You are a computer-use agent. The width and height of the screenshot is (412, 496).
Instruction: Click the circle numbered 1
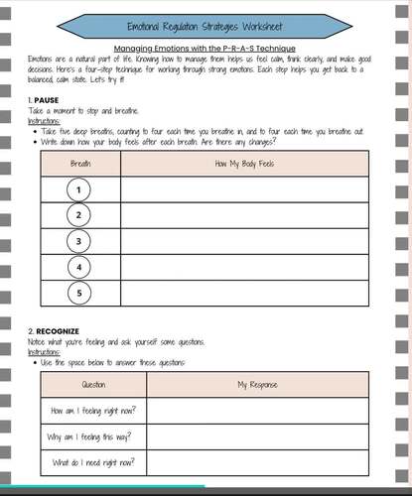pyautogui.click(x=80, y=189)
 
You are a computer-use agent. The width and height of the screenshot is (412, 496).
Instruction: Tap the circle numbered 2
pyautogui.click(x=80, y=215)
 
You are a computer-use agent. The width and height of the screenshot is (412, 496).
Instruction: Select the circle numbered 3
pyautogui.click(x=80, y=241)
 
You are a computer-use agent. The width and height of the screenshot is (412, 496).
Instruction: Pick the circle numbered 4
pyautogui.click(x=80, y=267)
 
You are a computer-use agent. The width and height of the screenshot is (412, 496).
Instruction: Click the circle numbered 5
pyautogui.click(x=80, y=293)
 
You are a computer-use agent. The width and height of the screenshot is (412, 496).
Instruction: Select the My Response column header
pyautogui.click(x=257, y=384)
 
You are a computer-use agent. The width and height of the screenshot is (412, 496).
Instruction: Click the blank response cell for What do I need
pyautogui.click(x=257, y=462)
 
